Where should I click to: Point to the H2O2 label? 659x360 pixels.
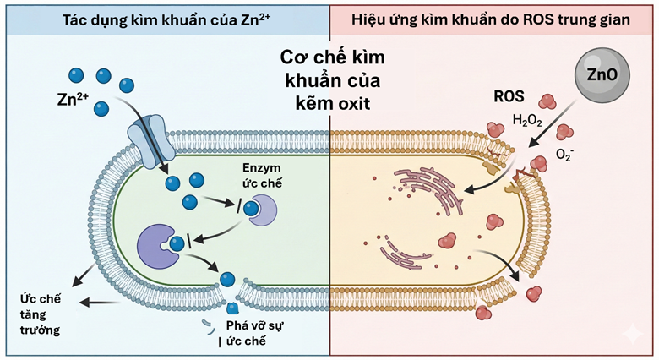coord(527,121)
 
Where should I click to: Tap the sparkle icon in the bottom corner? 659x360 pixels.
coord(629,335)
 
